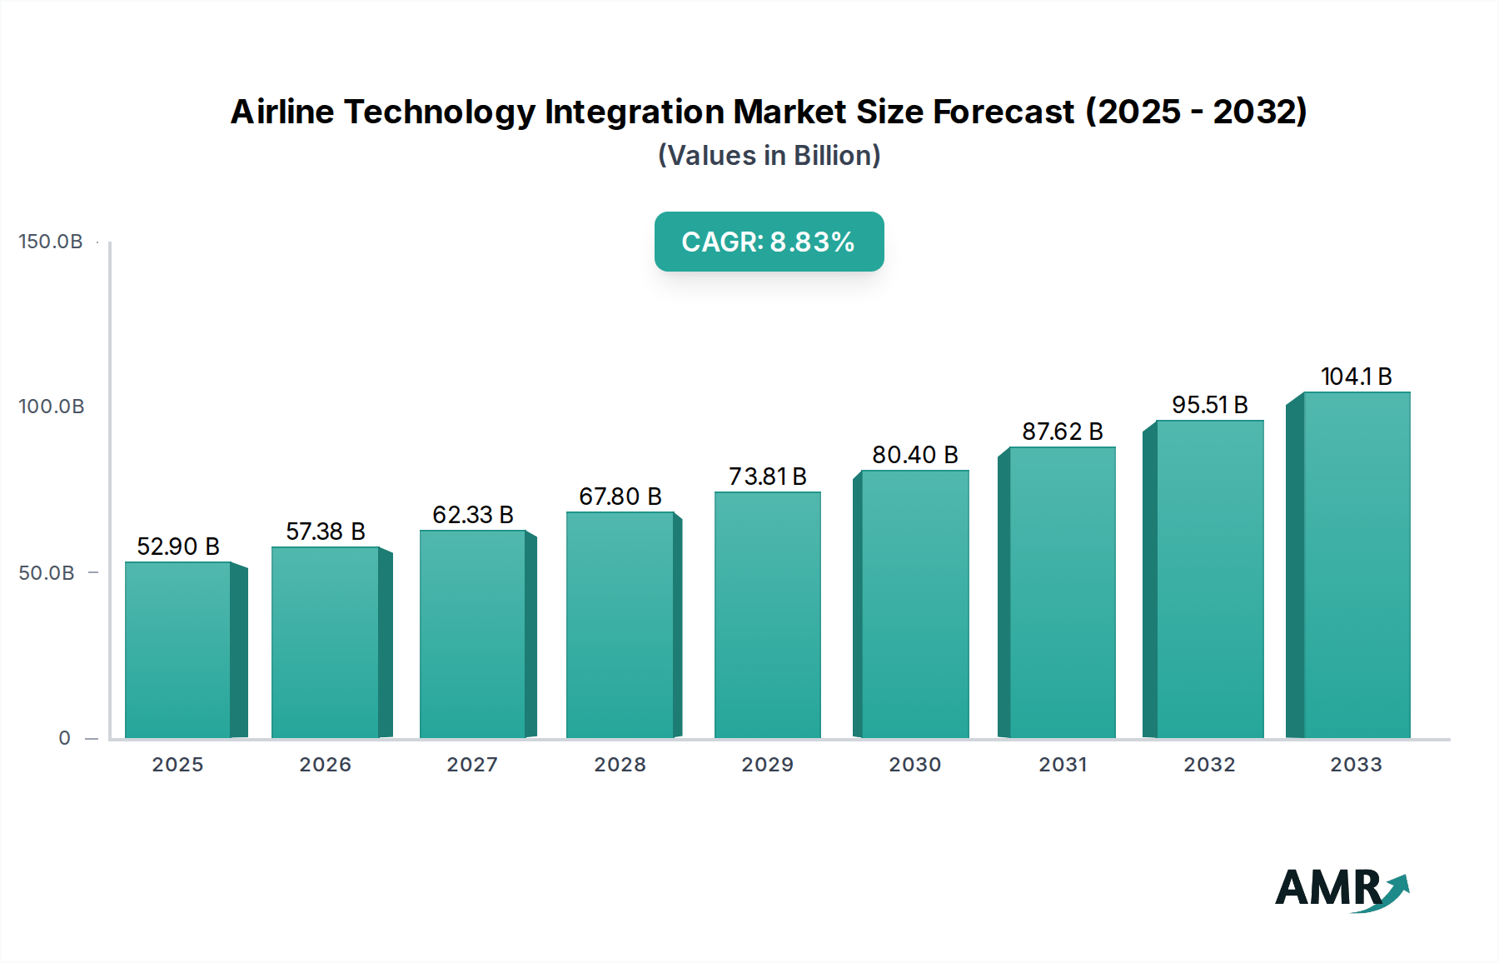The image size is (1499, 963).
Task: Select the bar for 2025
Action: point(178,650)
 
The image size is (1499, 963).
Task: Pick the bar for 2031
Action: point(1062,592)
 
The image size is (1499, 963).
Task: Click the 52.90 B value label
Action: point(178,546)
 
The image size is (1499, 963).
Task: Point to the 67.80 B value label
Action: point(620,496)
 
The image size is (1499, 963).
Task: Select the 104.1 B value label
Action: point(1357,377)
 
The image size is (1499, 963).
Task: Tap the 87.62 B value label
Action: point(1063,432)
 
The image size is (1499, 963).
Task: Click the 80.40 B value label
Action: point(915,455)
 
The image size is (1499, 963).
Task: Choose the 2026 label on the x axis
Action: point(326,765)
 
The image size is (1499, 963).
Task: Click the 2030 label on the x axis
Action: point(915,765)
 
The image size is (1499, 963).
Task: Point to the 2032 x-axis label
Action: point(1210,765)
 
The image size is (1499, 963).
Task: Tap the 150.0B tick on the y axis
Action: point(51,242)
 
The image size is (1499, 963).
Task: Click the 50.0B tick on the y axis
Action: point(47,573)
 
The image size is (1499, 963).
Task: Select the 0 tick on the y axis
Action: point(65,738)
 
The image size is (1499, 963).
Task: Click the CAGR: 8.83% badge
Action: point(769,242)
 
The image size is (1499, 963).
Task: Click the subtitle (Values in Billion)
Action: point(769,156)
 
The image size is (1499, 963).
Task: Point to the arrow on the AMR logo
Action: point(1393,890)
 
